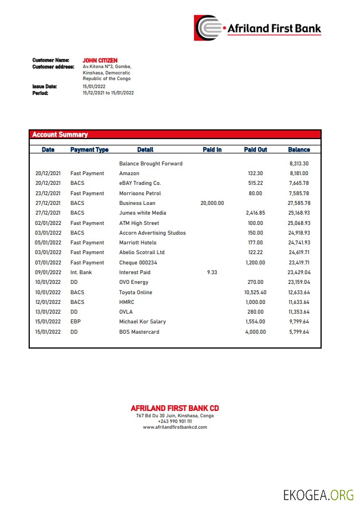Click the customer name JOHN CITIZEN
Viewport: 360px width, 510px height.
[x=100, y=60]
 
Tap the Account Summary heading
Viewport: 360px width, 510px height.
[x=60, y=135]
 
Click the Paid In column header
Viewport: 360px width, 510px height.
[x=212, y=149]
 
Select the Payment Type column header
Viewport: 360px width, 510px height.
[x=89, y=149]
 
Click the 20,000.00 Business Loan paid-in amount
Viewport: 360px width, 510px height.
[x=212, y=203]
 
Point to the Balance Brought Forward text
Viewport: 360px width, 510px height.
[x=151, y=164]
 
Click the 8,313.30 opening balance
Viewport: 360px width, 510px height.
[x=299, y=164]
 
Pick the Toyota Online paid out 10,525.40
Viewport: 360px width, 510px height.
[x=255, y=292]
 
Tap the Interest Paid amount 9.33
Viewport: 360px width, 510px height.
[x=212, y=272]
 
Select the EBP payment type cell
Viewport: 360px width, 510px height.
[x=76, y=322]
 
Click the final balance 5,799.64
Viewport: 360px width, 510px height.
[x=298, y=332]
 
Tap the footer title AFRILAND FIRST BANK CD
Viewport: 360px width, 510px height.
[x=175, y=408]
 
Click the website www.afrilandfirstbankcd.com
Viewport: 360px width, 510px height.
[x=175, y=427]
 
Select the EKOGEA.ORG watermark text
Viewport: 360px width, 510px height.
[x=318, y=495]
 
